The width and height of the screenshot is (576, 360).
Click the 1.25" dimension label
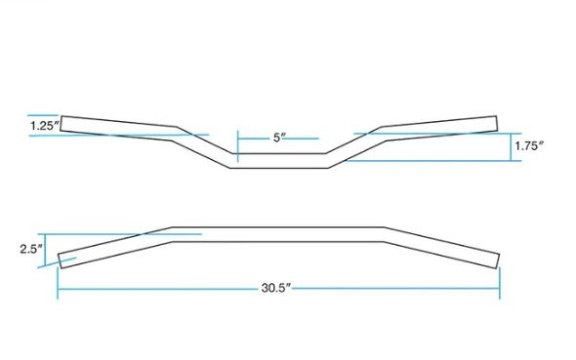45,126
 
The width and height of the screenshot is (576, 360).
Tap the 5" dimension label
279,138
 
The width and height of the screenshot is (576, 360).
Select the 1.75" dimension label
528,146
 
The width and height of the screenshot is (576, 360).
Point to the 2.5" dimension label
31,250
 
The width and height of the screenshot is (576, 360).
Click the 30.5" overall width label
276,288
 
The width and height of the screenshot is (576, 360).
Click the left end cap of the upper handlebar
61,123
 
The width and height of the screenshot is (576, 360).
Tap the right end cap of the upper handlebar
497,123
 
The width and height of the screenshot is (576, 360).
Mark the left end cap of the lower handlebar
60,260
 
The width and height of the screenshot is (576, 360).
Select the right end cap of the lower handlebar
497,260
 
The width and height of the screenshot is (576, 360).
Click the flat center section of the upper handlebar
279,161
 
